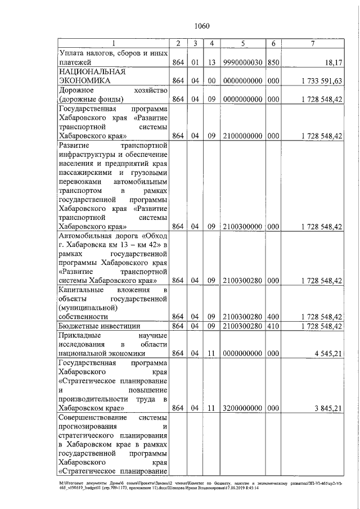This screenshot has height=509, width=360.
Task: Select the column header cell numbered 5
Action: coord(242,43)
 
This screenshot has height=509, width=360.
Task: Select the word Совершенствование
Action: coord(93,418)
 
